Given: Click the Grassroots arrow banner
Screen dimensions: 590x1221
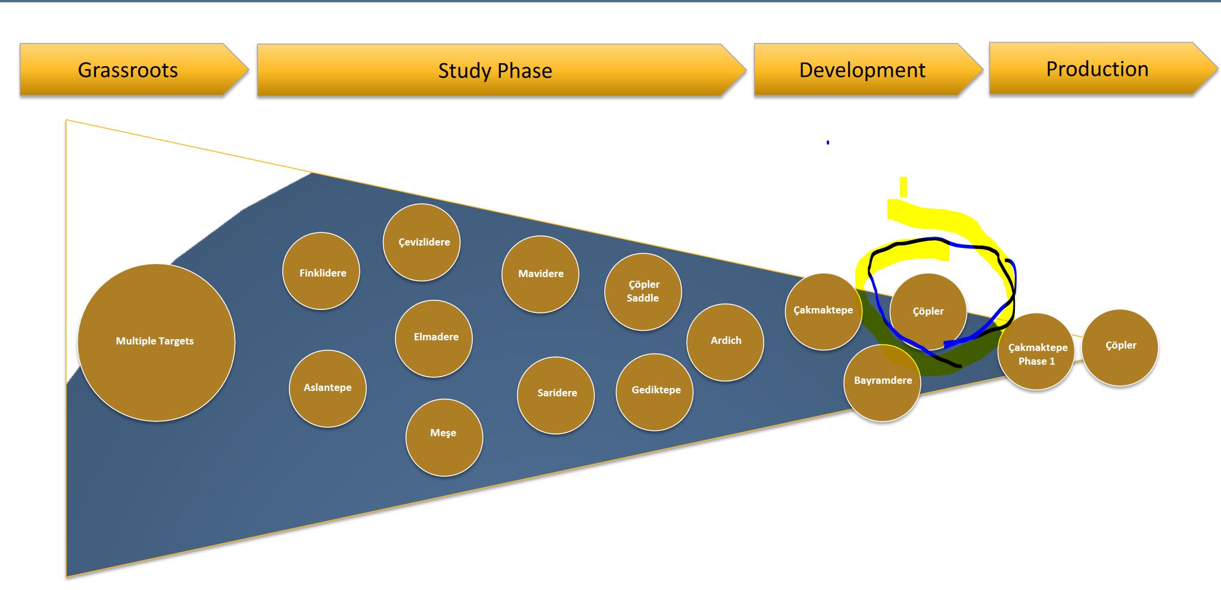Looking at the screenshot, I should click(x=128, y=70).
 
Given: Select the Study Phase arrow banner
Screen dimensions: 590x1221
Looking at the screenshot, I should click(x=495, y=70).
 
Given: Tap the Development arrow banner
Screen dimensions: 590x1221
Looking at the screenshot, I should click(x=862, y=70).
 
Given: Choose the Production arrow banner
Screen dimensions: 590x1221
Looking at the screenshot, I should click(x=1097, y=69).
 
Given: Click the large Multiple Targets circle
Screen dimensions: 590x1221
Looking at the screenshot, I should click(x=156, y=342).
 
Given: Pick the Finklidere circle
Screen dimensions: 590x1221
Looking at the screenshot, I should click(x=321, y=271).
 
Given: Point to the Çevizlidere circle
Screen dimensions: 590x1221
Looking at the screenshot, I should click(x=422, y=242).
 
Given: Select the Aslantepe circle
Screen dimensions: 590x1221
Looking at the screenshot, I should click(x=328, y=388).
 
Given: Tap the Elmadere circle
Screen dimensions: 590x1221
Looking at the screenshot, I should click(x=434, y=338).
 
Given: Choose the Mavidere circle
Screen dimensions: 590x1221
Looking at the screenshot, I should click(x=540, y=274).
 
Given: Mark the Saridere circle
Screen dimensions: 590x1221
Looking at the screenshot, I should click(x=556, y=395).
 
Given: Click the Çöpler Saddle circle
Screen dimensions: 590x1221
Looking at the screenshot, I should click(x=643, y=291).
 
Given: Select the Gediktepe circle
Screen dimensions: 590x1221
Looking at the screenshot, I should click(x=655, y=392).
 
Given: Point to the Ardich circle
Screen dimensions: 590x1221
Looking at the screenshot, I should click(x=725, y=341).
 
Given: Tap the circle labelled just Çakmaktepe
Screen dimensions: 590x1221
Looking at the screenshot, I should click(x=823, y=311).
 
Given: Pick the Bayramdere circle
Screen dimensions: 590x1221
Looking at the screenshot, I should click(x=882, y=382).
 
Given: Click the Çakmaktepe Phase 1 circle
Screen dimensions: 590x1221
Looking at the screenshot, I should click(x=1036, y=352).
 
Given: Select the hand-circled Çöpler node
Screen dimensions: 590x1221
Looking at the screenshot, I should click(x=927, y=310).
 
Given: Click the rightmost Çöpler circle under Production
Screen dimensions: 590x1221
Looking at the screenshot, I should click(x=1120, y=347).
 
